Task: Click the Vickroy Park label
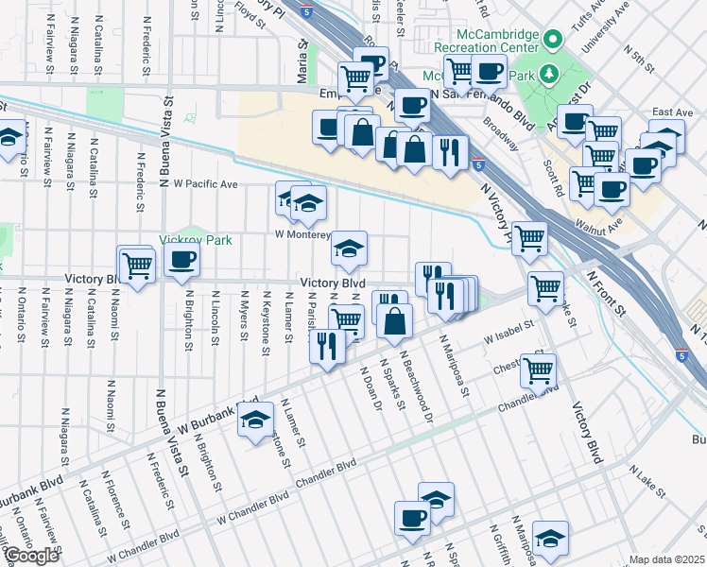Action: point(196,240)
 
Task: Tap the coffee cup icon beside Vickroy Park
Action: point(181,259)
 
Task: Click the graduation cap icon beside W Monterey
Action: point(349,247)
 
